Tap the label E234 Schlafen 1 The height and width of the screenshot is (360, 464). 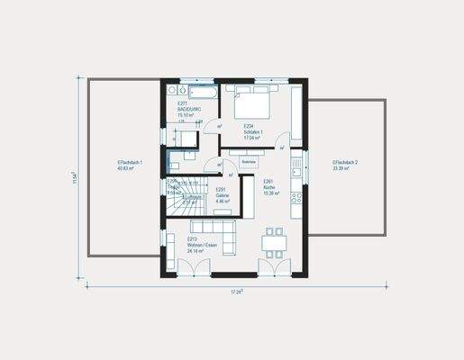[x=254, y=130]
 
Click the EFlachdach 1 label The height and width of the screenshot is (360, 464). [x=130, y=165]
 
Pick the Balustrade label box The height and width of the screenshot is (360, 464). [x=249, y=162]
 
